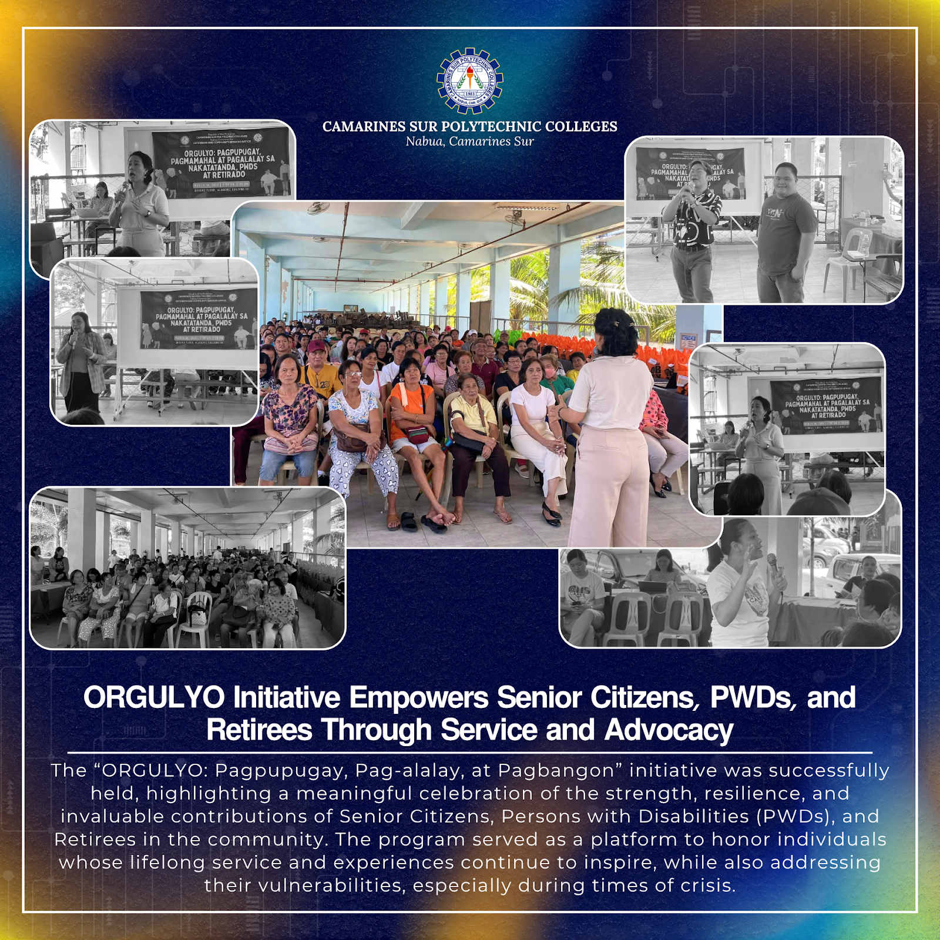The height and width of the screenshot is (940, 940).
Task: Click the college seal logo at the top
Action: [x=469, y=80]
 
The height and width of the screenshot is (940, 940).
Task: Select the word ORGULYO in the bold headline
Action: [x=154, y=698]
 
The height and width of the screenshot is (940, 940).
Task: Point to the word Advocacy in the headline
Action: [x=669, y=730]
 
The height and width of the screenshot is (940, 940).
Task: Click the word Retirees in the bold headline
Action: [x=259, y=730]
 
